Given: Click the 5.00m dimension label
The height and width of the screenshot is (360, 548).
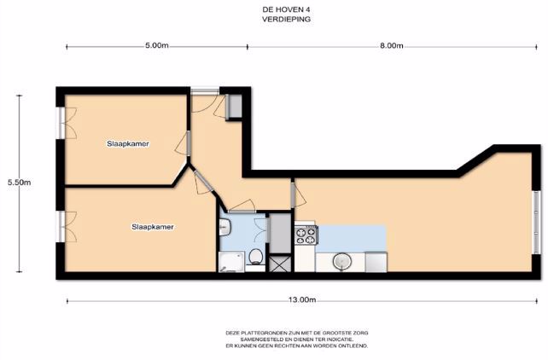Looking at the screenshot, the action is [157, 45].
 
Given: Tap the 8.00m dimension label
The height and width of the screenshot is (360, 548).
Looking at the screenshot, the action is [392, 45].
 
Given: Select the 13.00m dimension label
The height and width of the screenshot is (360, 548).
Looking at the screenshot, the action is [302, 299].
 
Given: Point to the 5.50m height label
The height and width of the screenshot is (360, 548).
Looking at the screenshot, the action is [20, 182].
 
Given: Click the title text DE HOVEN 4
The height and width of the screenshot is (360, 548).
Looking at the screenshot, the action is [286, 10].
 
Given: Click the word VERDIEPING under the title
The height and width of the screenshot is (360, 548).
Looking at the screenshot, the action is [286, 20].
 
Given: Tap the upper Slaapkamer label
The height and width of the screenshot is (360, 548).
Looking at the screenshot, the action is [128, 143].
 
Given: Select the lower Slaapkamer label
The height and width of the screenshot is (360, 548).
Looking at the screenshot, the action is [153, 227].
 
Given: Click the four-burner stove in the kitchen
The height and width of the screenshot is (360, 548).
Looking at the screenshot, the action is [306, 235].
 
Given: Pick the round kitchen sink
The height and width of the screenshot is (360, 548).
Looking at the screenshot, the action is [341, 261].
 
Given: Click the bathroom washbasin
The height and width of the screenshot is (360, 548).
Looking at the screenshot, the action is [224, 228].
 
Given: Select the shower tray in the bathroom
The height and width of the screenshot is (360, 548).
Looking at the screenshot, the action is [230, 262].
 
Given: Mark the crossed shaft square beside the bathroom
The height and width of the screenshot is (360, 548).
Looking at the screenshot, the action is [280, 264].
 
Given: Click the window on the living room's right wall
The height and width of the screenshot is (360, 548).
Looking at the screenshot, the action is [536, 223].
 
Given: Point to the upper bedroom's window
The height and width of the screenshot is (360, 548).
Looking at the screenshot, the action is [61, 123].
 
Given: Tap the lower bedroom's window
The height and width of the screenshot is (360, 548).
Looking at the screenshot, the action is [61, 227].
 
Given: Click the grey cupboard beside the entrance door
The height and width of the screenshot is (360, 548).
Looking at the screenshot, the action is [235, 106].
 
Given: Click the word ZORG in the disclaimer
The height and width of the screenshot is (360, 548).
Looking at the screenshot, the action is [360, 333].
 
